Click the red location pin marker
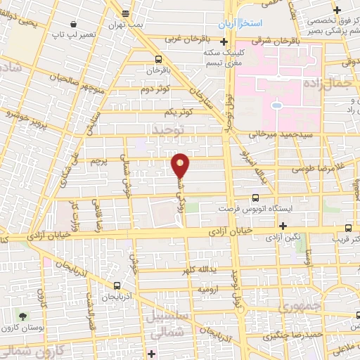click(181, 165)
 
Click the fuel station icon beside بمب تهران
click(125, 13)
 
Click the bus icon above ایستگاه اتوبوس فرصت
click(255, 199)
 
